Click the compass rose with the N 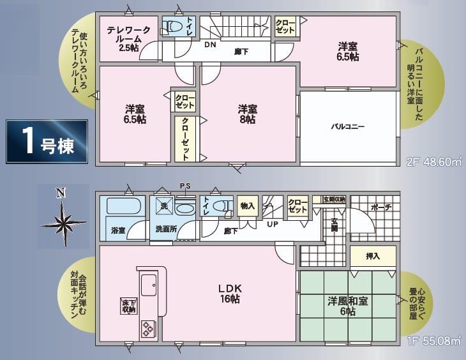point(63,220)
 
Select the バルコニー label point(347,126)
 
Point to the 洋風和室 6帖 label point(348,305)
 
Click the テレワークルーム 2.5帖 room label point(128,38)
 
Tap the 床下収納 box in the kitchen point(128,306)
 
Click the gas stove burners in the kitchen point(149,329)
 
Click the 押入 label point(373,256)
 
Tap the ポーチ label point(379,208)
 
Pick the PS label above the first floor point(185,186)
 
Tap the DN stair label point(210,45)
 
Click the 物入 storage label point(248,206)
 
